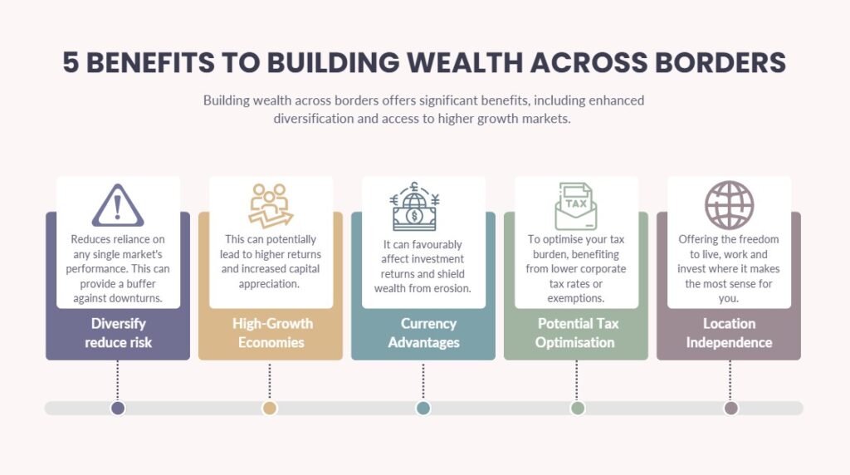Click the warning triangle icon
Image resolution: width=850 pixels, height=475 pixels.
(x=118, y=205)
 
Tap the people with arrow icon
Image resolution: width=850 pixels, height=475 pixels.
(x=271, y=205)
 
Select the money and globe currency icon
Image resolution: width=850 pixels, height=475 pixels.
(x=415, y=206)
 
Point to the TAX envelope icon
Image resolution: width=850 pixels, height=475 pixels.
(x=576, y=206)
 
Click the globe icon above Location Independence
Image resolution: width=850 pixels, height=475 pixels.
(x=729, y=205)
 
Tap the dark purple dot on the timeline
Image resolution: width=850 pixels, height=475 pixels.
(x=118, y=409)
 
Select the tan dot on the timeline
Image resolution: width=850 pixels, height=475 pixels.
(x=270, y=409)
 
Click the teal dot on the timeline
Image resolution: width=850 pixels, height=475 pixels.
(x=423, y=409)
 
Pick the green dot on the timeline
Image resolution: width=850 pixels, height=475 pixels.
(x=578, y=409)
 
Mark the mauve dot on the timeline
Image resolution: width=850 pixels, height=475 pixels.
(x=730, y=409)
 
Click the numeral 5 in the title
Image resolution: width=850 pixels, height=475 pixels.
(x=71, y=62)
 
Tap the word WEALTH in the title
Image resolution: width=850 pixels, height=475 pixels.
(x=465, y=62)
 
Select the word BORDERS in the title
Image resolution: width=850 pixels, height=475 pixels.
(x=721, y=62)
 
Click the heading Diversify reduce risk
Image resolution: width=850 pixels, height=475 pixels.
(x=118, y=333)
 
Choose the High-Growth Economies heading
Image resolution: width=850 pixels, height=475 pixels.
(x=272, y=333)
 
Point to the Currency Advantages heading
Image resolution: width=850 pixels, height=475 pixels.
(x=424, y=333)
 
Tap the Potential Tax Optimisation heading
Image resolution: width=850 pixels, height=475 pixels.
(x=576, y=333)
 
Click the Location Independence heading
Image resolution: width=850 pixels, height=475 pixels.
(x=729, y=333)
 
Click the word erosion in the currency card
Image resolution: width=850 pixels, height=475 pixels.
(x=453, y=288)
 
